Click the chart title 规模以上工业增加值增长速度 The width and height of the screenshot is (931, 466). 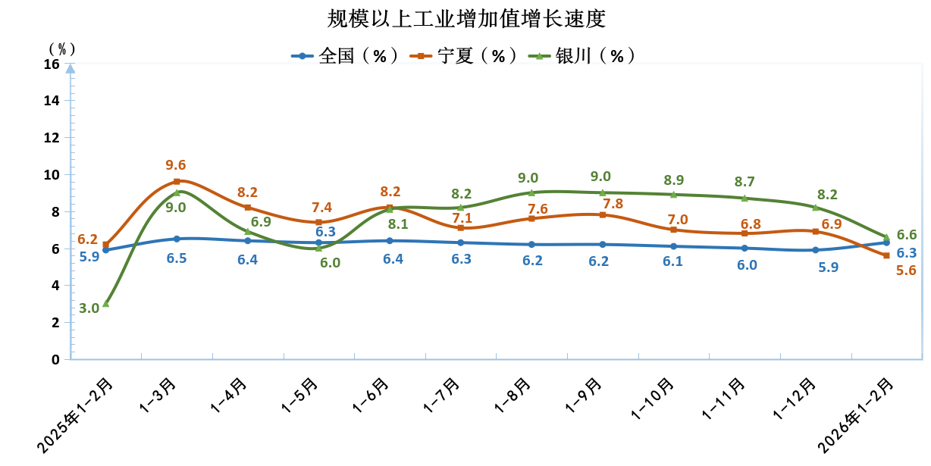click(x=466, y=18)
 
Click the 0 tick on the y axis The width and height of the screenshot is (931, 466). click(x=55, y=359)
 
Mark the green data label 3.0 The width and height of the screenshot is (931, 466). click(x=89, y=308)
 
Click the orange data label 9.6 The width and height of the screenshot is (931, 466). click(x=176, y=165)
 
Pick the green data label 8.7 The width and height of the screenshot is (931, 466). click(x=744, y=182)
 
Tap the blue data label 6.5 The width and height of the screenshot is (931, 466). click(x=177, y=258)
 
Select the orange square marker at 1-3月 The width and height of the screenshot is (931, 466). click(x=177, y=181)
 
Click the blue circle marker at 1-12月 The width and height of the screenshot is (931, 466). click(x=815, y=250)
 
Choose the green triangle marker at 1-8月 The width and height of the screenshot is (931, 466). click(x=531, y=192)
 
